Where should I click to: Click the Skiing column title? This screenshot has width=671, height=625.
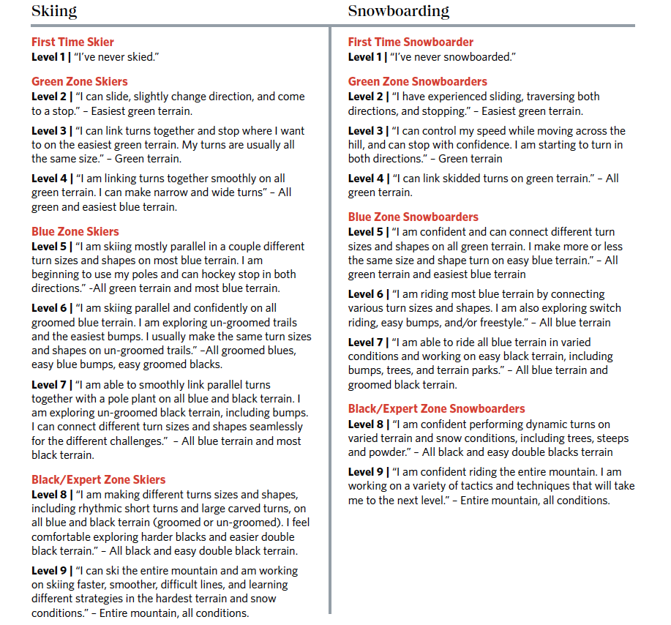(54, 11)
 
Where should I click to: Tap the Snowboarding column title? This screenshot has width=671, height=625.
(398, 11)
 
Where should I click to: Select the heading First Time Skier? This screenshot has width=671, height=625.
(72, 42)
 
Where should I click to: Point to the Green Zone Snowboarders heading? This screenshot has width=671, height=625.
(417, 81)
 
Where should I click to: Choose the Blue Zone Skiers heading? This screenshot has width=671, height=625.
(75, 231)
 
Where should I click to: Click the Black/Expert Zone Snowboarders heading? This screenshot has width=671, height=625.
(436, 408)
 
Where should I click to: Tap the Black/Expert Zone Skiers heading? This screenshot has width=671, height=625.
(98, 479)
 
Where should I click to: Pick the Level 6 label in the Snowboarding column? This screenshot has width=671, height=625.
(366, 293)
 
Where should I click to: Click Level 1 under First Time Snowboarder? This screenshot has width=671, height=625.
(366, 56)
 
